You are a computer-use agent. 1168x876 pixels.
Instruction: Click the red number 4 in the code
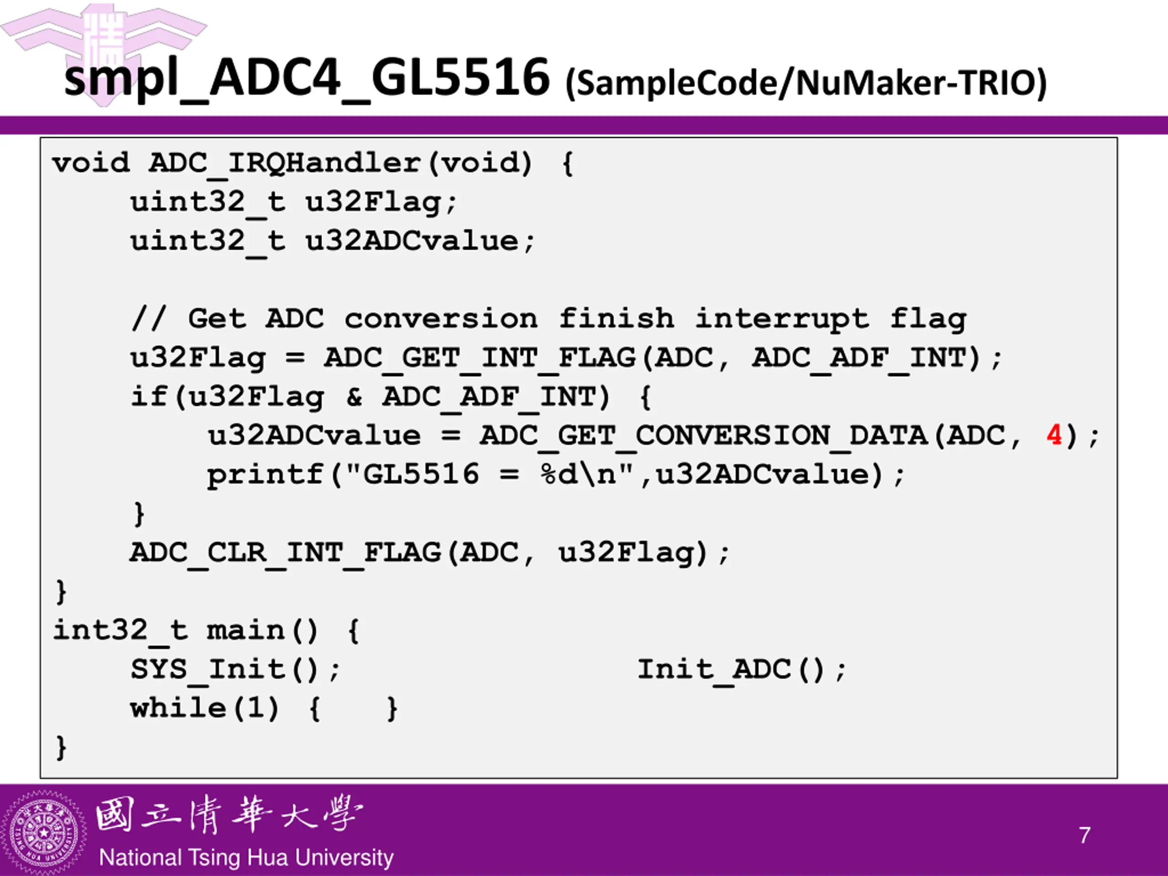point(1054,436)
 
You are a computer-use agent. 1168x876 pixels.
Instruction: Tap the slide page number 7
point(1085,835)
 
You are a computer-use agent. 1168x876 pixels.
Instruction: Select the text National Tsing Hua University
point(246,857)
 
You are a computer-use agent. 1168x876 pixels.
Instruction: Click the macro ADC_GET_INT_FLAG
point(480,358)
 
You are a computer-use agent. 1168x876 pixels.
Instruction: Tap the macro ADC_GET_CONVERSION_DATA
point(704,436)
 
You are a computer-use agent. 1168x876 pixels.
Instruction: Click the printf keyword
point(264,474)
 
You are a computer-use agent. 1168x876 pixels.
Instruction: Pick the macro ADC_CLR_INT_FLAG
point(285,553)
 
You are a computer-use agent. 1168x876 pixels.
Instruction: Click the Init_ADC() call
point(740,669)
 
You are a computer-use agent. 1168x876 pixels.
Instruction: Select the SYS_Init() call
point(235,669)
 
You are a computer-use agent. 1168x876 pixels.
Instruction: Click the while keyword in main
point(178,708)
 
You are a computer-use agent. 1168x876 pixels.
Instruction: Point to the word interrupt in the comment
point(782,318)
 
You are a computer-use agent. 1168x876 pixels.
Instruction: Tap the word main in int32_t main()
point(245,631)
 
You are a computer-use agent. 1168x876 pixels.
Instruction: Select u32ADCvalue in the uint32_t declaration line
point(412,241)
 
